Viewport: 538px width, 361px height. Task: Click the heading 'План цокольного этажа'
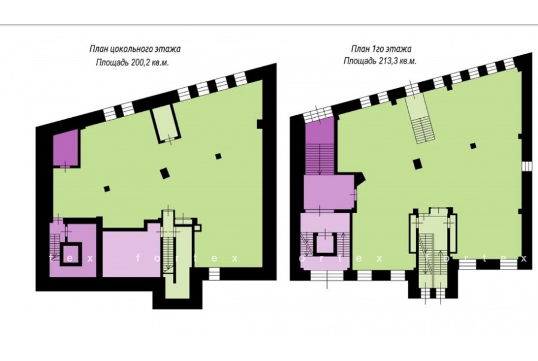pos(135,49)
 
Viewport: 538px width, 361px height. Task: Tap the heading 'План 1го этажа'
pos(381,49)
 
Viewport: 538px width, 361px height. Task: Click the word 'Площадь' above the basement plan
pos(112,63)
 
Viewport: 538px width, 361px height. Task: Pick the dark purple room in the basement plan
pos(66,149)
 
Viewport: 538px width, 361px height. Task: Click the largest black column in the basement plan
pos(165,173)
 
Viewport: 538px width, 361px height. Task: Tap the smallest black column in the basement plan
pos(107,188)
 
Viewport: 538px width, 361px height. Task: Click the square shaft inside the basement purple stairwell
pos(71,254)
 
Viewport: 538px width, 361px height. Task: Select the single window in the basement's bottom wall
pos(214,274)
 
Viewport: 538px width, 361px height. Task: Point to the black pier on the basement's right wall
pos(260,124)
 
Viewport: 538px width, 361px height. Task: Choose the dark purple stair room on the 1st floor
pos(319,146)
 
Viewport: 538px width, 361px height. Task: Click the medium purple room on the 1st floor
pos(329,192)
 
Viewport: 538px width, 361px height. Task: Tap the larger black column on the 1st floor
pos(417,163)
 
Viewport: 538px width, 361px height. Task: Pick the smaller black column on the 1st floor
pos(473,145)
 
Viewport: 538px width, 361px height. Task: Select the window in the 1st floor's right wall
pos(526,166)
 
